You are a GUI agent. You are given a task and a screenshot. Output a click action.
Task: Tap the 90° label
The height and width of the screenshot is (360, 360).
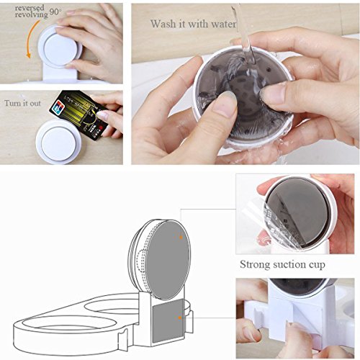tap(55, 12)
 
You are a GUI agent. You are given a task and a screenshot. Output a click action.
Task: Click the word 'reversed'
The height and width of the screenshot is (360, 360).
tap(30, 8)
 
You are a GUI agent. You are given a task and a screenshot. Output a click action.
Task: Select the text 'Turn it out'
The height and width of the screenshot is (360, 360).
tap(22, 104)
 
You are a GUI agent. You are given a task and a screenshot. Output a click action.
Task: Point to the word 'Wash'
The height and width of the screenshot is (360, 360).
tap(163, 24)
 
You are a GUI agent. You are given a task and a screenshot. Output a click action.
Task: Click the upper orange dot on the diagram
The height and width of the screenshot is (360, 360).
tap(181, 238)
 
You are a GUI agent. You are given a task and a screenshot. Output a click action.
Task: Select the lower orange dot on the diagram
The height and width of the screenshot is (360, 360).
tap(179, 318)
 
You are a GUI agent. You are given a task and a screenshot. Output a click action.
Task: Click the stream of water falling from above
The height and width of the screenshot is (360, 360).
tap(243, 36)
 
